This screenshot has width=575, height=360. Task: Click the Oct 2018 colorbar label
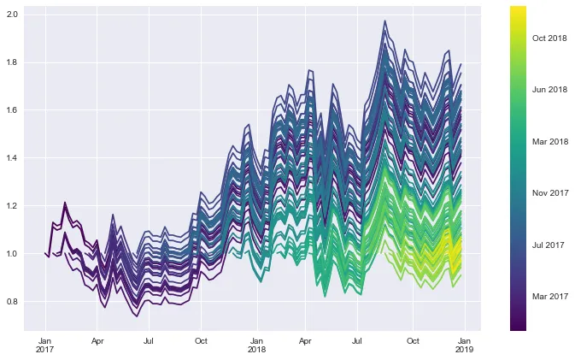(x=549, y=38)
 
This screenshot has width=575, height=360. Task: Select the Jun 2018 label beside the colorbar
(x=549, y=89)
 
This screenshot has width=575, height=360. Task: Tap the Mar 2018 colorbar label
(x=549, y=141)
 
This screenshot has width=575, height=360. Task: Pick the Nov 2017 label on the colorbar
(x=549, y=193)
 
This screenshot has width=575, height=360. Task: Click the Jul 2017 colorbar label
(x=549, y=245)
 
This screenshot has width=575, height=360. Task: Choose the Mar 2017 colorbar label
(x=549, y=297)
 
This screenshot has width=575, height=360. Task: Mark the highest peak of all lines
(x=384, y=21)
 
